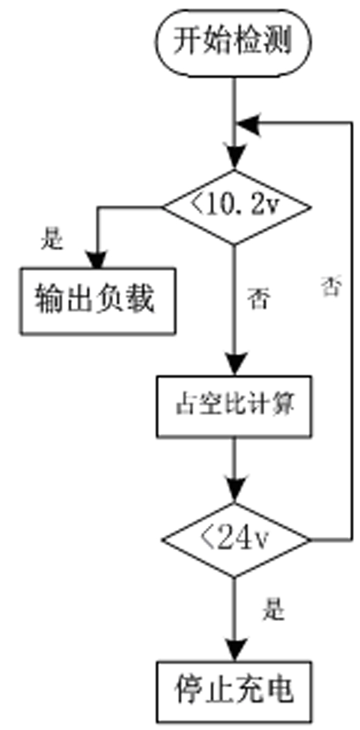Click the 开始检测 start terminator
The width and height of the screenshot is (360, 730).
click(235, 42)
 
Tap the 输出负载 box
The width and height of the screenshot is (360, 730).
click(97, 301)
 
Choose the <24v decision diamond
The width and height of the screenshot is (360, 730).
click(235, 540)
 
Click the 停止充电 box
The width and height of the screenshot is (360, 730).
click(235, 690)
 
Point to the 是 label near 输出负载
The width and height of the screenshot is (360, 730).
click(52, 240)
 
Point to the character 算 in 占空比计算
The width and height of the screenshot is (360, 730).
click(284, 405)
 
